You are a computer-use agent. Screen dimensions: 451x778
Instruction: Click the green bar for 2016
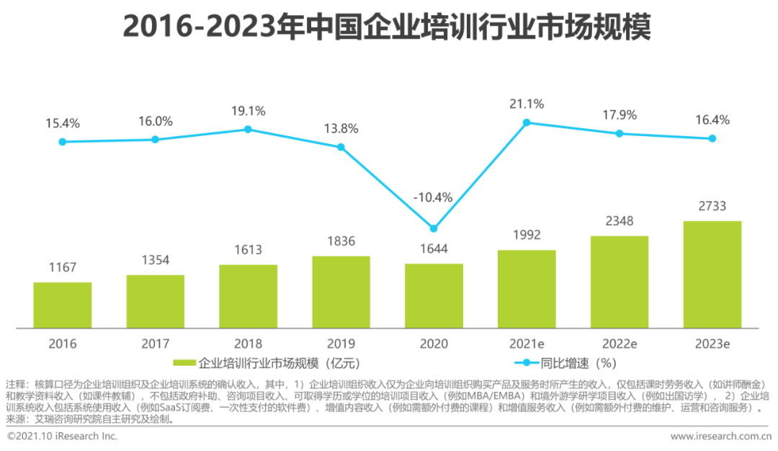pyautogui.click(x=62, y=305)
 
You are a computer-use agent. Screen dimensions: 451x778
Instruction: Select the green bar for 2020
pyautogui.click(x=434, y=295)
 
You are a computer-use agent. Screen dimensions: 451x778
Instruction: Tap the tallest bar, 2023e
pyautogui.click(x=712, y=274)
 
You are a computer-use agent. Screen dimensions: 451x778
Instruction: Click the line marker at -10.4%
pyautogui.click(x=434, y=228)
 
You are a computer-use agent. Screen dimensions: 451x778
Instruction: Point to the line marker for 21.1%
pyautogui.click(x=526, y=122)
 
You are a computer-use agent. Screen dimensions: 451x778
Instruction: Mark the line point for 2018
pyautogui.click(x=248, y=129)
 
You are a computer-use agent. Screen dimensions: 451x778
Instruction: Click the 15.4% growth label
pyautogui.click(x=62, y=124)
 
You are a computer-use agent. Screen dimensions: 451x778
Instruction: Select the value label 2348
pyautogui.click(x=619, y=221)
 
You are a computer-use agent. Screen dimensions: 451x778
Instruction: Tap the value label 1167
pyautogui.click(x=62, y=267)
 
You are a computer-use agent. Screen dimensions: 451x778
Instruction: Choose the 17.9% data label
pyautogui.click(x=619, y=115)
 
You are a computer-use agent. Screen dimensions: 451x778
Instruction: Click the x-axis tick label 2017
pyautogui.click(x=155, y=344)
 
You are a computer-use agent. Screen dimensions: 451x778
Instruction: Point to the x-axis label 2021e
pyautogui.click(x=526, y=344)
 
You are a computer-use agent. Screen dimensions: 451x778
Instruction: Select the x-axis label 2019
pyautogui.click(x=341, y=344)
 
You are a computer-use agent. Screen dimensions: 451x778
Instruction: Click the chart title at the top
pyautogui.click(x=387, y=27)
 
